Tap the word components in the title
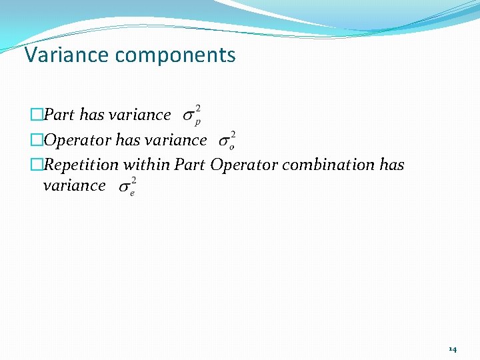pyautogui.click(x=175, y=55)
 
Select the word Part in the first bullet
pyautogui.click(x=59, y=115)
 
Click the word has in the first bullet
pyautogui.click(x=91, y=115)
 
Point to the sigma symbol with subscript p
pyautogui.click(x=191, y=116)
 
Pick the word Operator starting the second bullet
pyautogui.click(x=77, y=140)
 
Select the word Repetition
pyautogui.click(x=81, y=165)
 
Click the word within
pyautogui.click(x=146, y=164)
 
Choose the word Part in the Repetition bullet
pyautogui.click(x=189, y=164)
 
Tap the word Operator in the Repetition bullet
pyautogui.click(x=244, y=165)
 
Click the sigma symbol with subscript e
pyautogui.click(x=127, y=187)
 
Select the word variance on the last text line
pyautogui.click(x=74, y=185)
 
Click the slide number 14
pyautogui.click(x=453, y=349)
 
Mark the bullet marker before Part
pyautogui.click(x=36, y=115)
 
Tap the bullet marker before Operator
pyautogui.click(x=36, y=141)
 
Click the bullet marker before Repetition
pyautogui.click(x=36, y=165)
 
